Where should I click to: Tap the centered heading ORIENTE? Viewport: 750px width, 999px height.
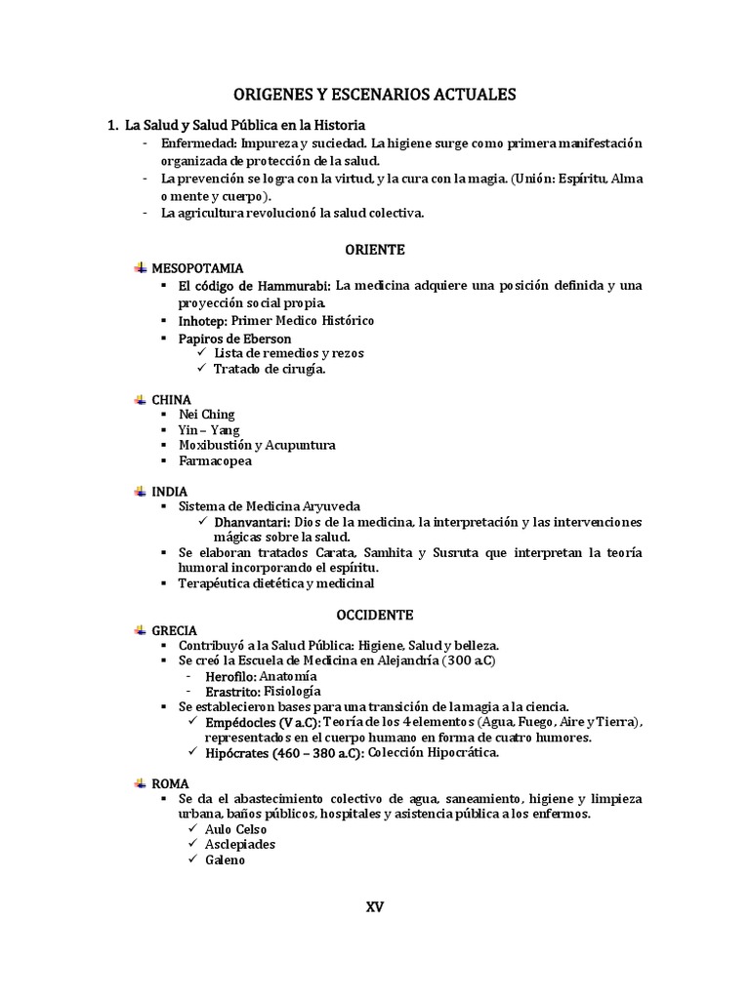click(375, 249)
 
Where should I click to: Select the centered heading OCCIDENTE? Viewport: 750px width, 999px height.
click(375, 615)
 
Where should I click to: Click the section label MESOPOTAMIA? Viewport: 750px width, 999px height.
click(197, 267)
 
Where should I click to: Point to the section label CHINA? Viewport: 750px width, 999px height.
click(171, 400)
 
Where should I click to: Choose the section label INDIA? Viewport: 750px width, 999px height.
click(170, 492)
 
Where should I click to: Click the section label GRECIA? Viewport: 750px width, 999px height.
click(174, 631)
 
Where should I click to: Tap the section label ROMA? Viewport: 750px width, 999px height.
click(170, 783)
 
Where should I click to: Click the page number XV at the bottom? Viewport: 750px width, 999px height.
click(375, 906)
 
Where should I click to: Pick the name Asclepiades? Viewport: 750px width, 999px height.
click(239, 844)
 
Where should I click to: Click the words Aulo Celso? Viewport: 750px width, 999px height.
click(235, 829)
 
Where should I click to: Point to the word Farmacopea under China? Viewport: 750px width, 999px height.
click(215, 460)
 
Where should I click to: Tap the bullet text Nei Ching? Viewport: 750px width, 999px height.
click(207, 415)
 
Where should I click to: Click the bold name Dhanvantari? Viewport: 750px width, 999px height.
click(249, 522)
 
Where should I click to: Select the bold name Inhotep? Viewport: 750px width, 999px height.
click(202, 320)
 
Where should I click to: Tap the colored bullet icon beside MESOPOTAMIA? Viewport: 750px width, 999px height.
click(141, 267)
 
